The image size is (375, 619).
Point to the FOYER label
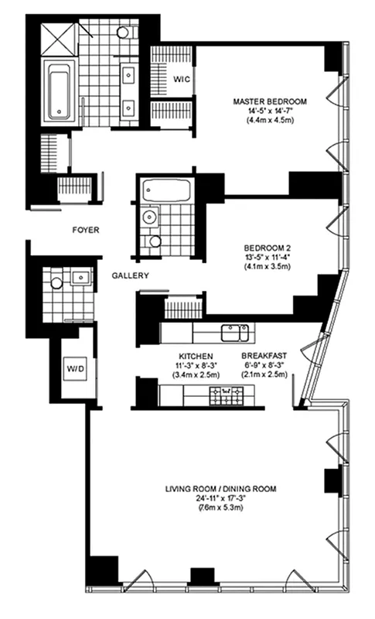point(84,230)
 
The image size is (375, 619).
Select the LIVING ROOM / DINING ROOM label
point(221,488)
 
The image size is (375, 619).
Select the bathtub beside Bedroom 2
point(165,189)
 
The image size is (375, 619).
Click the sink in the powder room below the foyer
point(78,275)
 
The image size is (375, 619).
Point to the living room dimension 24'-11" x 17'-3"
point(221,499)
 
